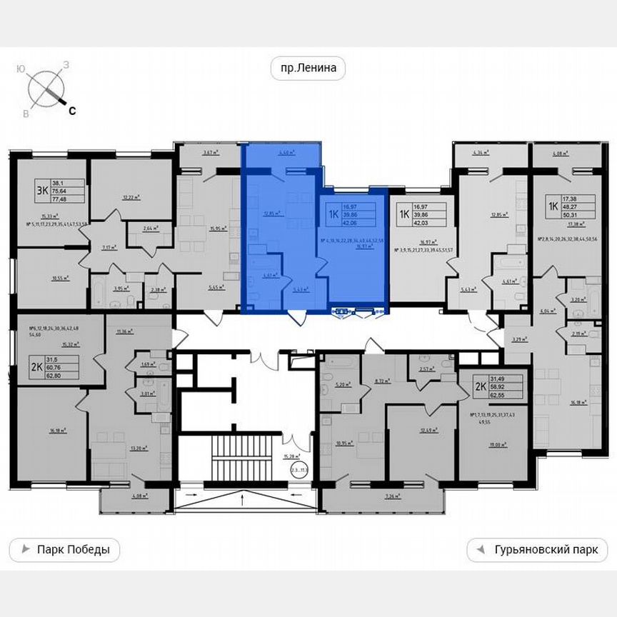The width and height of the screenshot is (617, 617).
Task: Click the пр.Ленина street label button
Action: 308,69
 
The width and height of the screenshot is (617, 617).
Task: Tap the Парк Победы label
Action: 65,550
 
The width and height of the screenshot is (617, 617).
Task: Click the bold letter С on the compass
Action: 72,110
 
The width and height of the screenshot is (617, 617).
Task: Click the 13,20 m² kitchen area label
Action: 139,448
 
